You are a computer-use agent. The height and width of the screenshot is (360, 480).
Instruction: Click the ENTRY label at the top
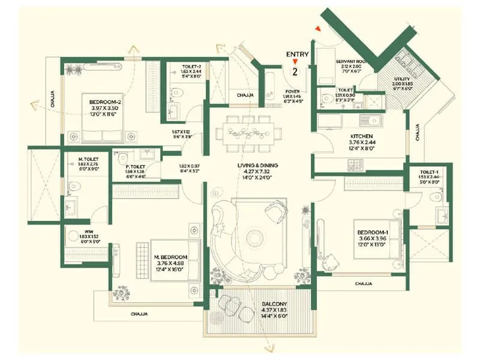[298, 54]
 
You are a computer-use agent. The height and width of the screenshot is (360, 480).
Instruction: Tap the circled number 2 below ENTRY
[295, 71]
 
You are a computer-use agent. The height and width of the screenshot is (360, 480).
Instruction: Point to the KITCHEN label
[362, 136]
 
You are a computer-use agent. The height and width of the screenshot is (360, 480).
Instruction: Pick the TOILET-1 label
[430, 172]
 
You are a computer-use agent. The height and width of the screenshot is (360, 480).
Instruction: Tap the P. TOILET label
[129, 166]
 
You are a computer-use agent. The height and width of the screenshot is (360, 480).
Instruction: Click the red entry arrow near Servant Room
[318, 28]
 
